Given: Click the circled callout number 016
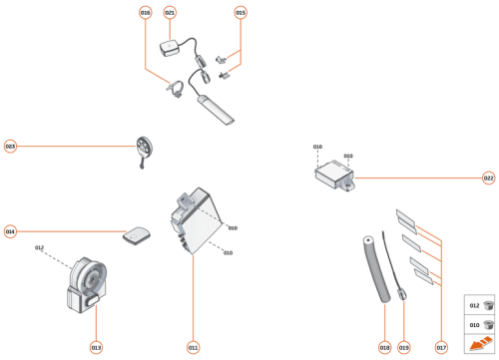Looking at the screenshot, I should coord(146,12).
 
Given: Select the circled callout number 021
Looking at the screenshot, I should coord(170,12).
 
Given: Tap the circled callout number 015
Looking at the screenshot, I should coord(240,12).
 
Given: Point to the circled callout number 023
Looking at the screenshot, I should coord(10,146).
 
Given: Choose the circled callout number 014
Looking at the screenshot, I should coord(10,231).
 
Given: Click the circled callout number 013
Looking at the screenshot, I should coord(96,347).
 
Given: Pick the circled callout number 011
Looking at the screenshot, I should coord(193,347).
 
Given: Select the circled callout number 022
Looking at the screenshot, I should coord(488,179).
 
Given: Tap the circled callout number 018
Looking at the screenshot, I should coord(384,347).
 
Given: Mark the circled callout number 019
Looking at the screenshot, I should coord(404,347).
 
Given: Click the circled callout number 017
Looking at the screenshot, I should coord(440,347).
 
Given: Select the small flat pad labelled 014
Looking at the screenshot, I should coord(136,235).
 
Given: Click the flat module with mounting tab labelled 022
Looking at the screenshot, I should coord(334,178).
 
